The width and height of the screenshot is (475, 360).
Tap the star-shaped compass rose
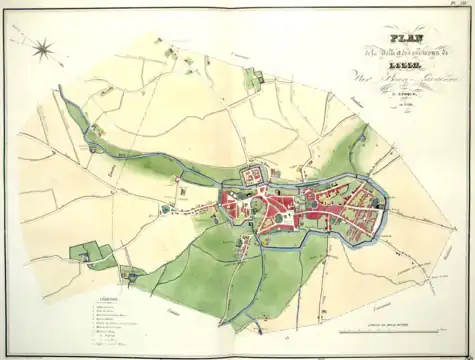44,47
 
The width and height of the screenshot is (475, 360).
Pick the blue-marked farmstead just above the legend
130,273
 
